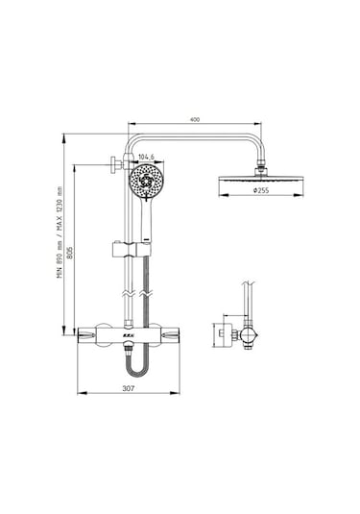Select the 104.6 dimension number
[x=147, y=157]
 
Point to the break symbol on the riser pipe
[x=129, y=288]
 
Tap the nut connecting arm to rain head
[x=261, y=167]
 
